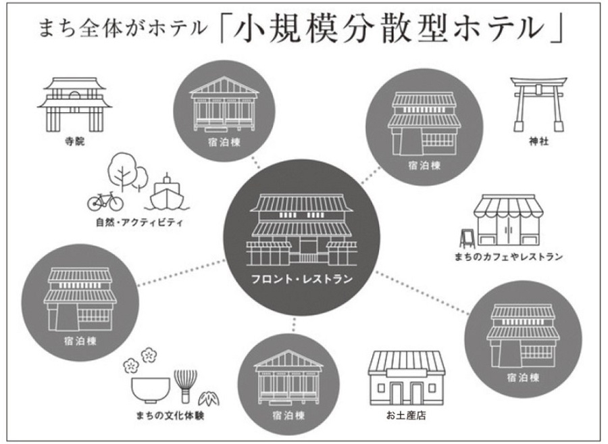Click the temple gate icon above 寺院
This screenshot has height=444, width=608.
click(75, 104)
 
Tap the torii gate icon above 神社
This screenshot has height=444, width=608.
click(538, 104)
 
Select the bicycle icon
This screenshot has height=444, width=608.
click(105, 201)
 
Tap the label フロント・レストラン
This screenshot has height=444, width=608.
click(302, 279)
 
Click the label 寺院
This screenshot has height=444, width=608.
click(74, 141)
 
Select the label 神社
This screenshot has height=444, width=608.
click(539, 141)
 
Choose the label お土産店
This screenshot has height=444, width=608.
click(406, 416)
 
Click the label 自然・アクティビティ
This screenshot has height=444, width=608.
click(139, 222)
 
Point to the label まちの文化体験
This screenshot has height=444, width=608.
click(170, 416)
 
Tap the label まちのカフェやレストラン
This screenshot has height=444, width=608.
click(508, 256)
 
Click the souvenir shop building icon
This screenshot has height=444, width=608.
click(407, 378)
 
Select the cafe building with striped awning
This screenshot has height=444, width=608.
click(508, 220)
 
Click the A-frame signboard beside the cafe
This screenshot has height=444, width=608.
click(467, 238)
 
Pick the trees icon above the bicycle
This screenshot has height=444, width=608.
click(128, 172)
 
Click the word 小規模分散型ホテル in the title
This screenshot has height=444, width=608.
click(388, 29)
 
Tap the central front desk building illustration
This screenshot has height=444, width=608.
click(302, 230)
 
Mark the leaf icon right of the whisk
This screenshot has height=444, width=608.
click(209, 398)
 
